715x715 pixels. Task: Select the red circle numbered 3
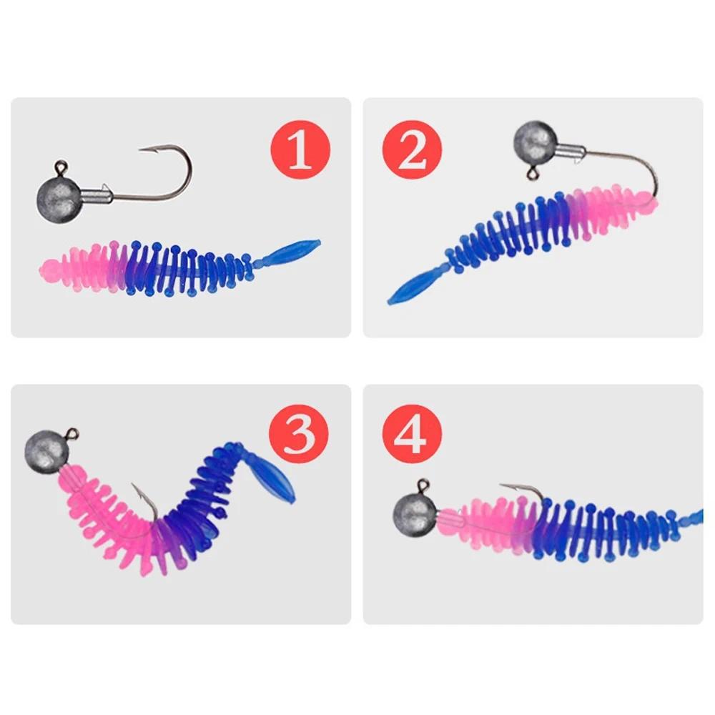pos(298,434)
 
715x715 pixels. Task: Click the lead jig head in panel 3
pos(45,449)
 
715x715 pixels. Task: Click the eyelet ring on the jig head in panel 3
pos(72,433)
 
